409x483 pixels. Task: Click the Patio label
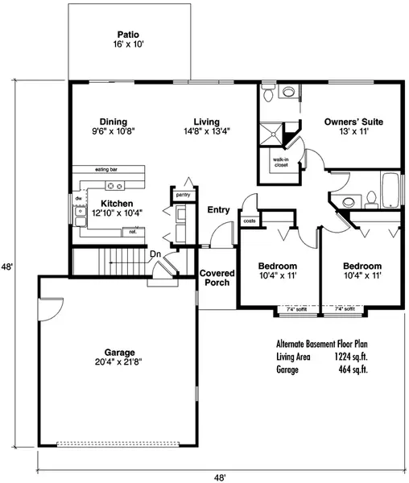pyautogui.click(x=127, y=35)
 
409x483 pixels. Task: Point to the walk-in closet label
pyautogui.click(x=280, y=162)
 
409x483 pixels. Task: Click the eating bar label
pyautogui.click(x=107, y=170)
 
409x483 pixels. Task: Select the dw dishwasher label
pyautogui.click(x=79, y=197)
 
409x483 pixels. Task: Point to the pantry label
pyautogui.click(x=183, y=194)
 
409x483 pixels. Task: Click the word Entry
pyautogui.click(x=218, y=210)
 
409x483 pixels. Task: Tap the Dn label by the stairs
pyautogui.click(x=155, y=254)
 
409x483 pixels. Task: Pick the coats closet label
pyautogui.click(x=249, y=220)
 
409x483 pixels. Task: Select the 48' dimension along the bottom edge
pyautogui.click(x=219, y=477)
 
